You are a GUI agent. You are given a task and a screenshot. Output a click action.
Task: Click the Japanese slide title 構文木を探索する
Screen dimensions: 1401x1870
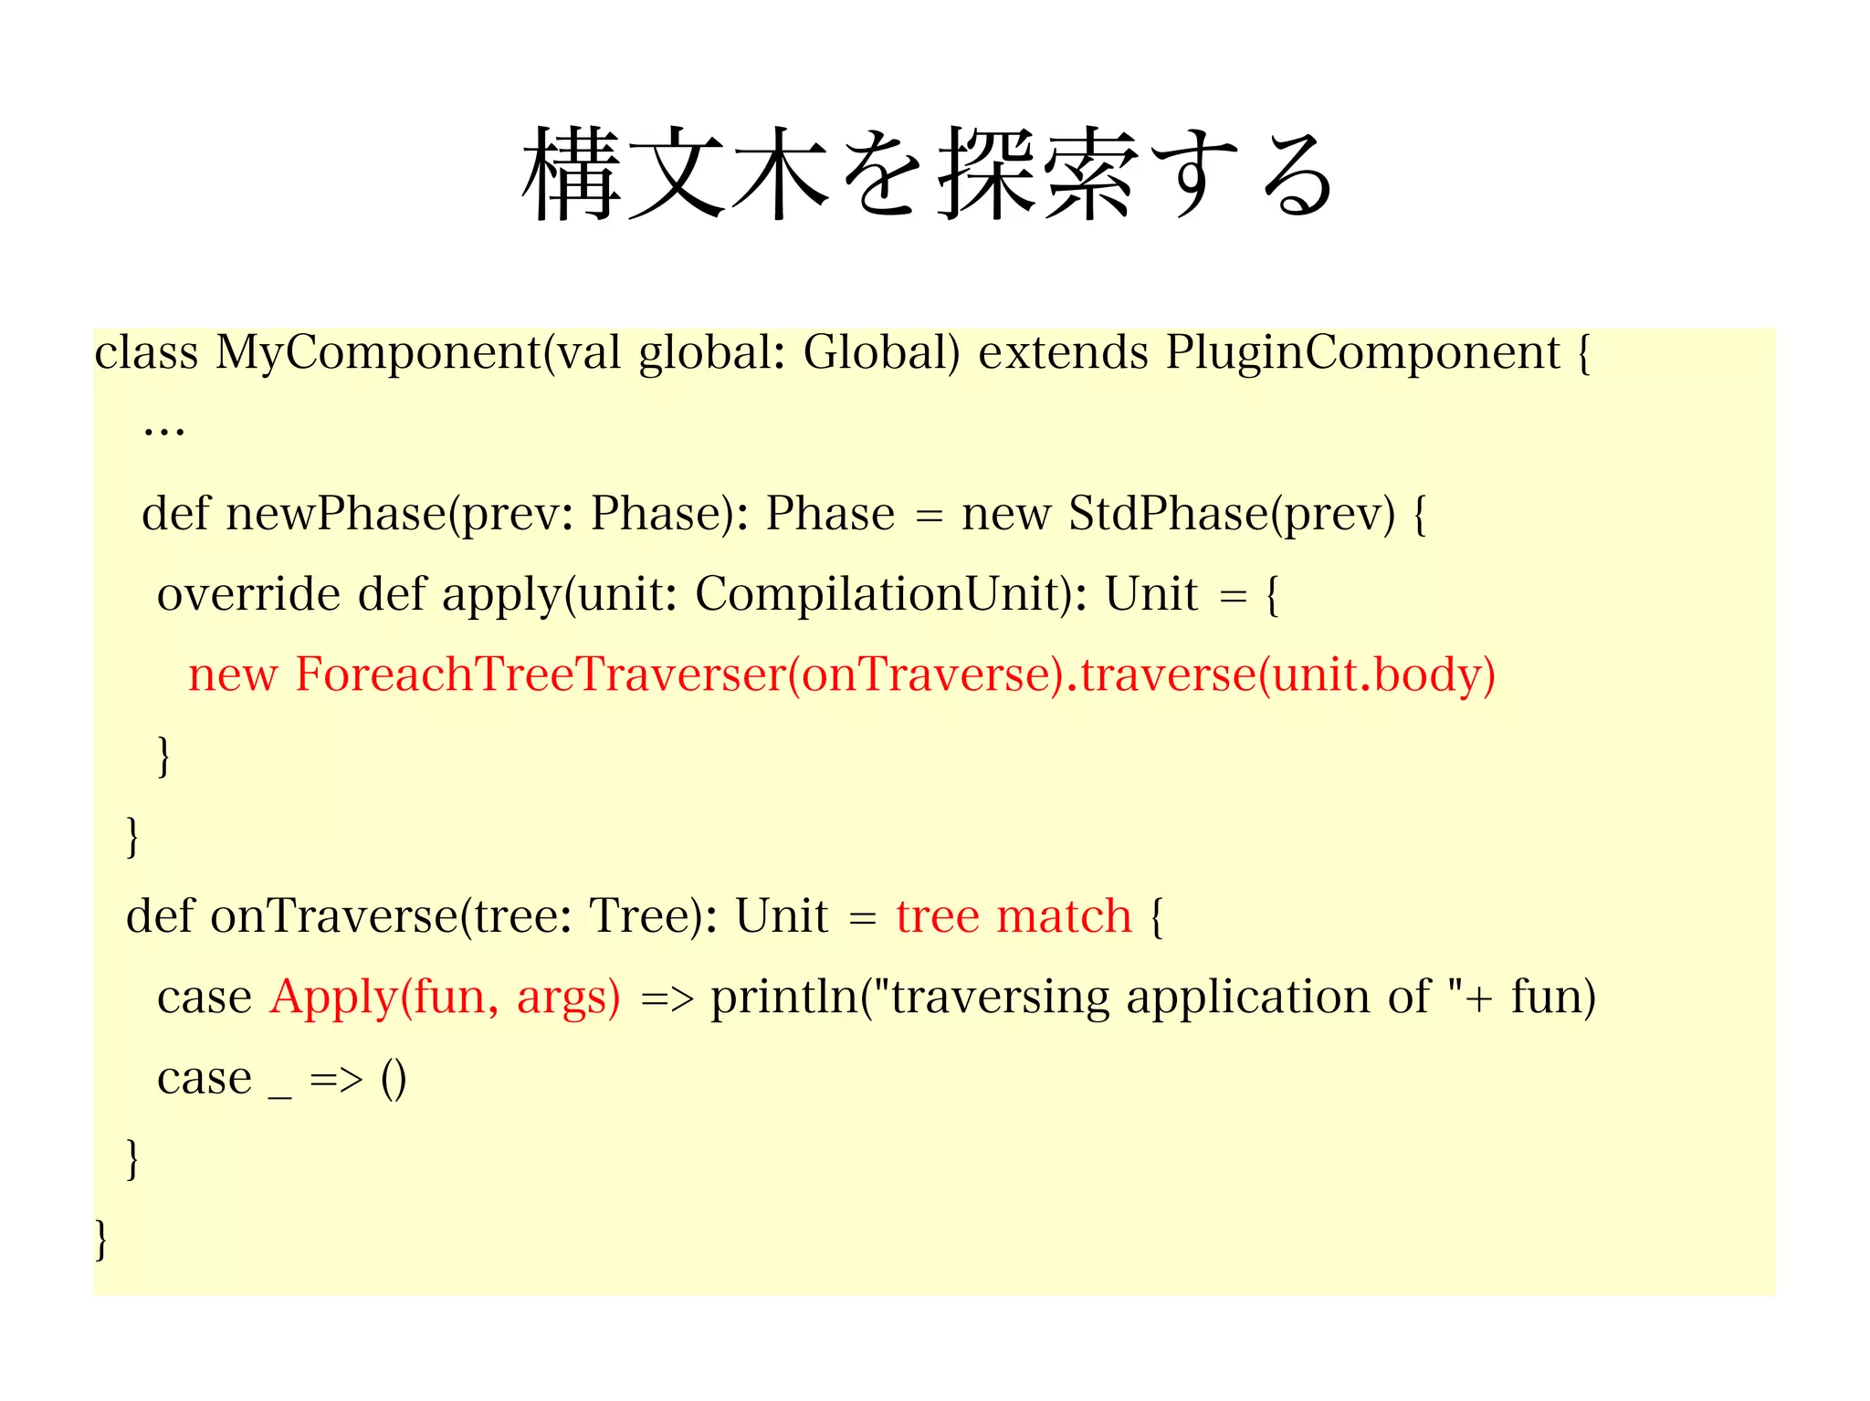click(928, 173)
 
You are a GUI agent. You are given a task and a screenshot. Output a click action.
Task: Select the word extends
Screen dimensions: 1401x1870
click(1062, 352)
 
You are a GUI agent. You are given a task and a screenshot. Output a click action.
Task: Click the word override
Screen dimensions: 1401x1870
click(248, 594)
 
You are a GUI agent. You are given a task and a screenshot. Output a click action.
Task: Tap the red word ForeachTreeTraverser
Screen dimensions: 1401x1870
click(541, 674)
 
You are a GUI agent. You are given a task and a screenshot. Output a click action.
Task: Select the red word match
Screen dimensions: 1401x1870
click(1064, 915)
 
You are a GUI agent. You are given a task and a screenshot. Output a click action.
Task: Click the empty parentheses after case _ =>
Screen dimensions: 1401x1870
click(394, 1079)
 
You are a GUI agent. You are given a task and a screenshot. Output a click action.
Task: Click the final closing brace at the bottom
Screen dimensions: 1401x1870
click(101, 1239)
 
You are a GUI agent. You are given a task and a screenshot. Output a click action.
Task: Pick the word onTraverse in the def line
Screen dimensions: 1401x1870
click(334, 915)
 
